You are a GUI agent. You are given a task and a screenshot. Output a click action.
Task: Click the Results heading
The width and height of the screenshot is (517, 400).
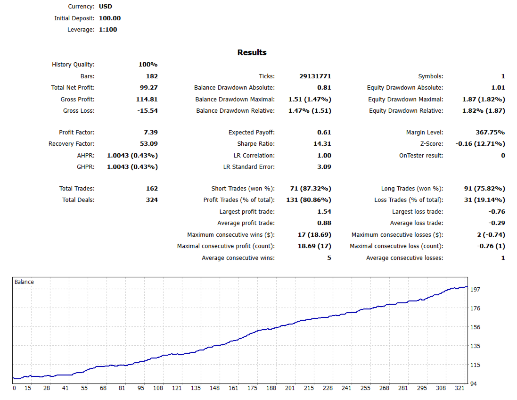(x=252, y=53)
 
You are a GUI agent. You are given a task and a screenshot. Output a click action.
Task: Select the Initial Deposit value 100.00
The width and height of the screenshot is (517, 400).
(x=110, y=18)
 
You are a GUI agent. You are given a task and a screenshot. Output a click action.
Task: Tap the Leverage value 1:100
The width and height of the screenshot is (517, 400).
(x=108, y=30)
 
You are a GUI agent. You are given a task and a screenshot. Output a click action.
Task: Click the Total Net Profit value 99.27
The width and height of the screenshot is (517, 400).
(x=148, y=88)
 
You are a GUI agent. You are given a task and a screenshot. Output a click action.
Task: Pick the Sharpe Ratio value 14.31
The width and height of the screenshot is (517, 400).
(x=321, y=144)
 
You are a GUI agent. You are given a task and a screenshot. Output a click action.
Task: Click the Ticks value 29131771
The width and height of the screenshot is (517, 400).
(x=315, y=76)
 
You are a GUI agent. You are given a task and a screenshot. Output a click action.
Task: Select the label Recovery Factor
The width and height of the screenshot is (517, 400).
(x=71, y=144)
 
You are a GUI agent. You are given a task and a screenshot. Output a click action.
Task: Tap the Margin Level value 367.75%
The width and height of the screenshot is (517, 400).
(x=490, y=133)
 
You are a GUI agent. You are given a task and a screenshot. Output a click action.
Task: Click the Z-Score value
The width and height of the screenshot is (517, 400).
(x=480, y=144)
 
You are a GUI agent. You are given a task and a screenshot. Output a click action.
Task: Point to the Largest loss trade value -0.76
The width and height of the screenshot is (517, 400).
(x=496, y=212)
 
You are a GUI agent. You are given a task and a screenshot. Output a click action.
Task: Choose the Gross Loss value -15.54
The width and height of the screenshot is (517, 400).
(x=146, y=111)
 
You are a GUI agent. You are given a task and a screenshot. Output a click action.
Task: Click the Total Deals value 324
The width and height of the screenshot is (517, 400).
(x=152, y=200)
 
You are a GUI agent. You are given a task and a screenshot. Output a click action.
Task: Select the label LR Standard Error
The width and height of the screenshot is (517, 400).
(x=249, y=167)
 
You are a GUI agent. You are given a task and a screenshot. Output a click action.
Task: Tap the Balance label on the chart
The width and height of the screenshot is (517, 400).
(x=25, y=282)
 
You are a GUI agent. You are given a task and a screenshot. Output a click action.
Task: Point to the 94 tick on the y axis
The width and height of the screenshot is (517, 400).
(x=474, y=384)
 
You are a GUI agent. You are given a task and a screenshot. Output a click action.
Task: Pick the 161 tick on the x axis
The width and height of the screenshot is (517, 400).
(x=233, y=388)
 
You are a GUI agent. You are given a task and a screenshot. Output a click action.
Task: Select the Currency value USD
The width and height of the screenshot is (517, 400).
(x=106, y=7)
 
